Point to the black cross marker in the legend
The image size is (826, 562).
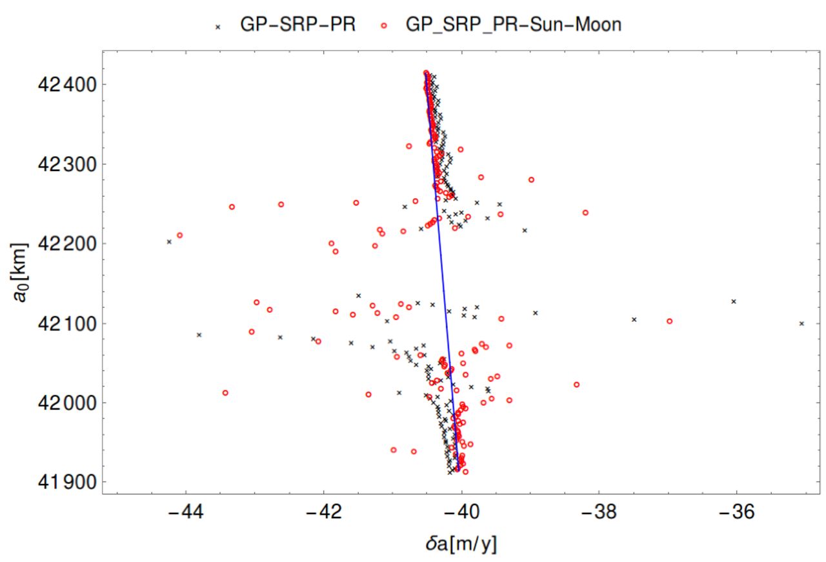pyautogui.click(x=217, y=26)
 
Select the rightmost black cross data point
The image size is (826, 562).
pyautogui.click(x=801, y=323)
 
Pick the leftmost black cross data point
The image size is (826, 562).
pyautogui.click(x=169, y=241)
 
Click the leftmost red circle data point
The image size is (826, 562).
pyautogui.click(x=180, y=235)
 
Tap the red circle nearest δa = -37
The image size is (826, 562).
pyautogui.click(x=669, y=321)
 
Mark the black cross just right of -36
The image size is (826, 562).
pyautogui.click(x=734, y=301)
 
